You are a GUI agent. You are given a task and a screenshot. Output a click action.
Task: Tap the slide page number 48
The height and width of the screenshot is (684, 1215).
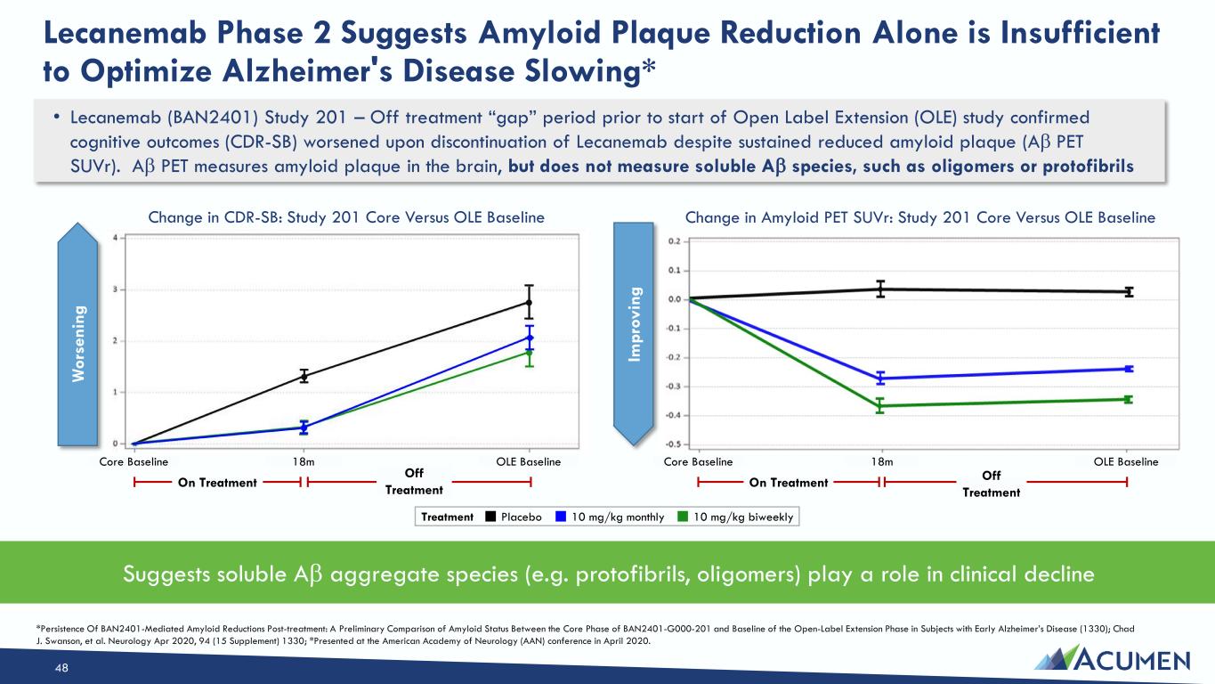coord(61,668)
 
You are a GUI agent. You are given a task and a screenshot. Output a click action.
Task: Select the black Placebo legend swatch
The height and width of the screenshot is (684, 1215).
coord(490,517)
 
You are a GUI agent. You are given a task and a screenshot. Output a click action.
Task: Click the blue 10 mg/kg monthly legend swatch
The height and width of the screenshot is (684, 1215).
coord(562,517)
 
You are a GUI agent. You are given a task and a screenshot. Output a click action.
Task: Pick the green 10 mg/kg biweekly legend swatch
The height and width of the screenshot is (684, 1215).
coord(684,517)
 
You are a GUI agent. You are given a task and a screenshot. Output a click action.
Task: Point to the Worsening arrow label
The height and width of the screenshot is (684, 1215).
coord(78,344)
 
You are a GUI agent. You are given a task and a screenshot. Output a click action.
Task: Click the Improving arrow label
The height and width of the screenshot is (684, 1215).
coord(634,324)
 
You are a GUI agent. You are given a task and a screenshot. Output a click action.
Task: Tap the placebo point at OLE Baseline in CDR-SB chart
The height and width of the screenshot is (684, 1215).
coord(530,303)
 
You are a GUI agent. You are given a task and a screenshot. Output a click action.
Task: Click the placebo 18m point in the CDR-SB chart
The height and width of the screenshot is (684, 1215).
coord(304,376)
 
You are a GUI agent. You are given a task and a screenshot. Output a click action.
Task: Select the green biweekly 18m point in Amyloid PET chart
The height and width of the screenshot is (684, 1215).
coord(880,405)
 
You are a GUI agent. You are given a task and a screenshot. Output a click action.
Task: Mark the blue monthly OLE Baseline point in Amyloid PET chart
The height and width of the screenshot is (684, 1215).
coord(1129,369)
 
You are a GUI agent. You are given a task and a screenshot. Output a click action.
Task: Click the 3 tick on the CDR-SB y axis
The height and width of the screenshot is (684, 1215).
coord(115,289)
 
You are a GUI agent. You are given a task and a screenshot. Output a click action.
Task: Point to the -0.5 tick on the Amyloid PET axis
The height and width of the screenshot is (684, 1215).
coord(673,444)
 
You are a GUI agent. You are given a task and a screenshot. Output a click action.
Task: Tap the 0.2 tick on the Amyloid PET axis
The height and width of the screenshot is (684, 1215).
coord(674,241)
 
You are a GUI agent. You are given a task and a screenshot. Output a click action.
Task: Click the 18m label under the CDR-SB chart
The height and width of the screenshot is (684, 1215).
coord(304,462)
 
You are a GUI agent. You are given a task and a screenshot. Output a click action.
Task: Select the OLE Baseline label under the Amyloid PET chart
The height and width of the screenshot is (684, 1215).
coord(1126,462)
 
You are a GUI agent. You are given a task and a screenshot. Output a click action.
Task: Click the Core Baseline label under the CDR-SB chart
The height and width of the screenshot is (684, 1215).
coord(134,462)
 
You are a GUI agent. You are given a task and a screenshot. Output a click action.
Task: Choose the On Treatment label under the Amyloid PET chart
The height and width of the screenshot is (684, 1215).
coord(788,483)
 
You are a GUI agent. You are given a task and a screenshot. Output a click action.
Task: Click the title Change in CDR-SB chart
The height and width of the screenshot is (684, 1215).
coord(346,217)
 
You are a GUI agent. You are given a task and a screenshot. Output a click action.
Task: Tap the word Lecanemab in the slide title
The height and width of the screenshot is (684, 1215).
coord(125,33)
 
